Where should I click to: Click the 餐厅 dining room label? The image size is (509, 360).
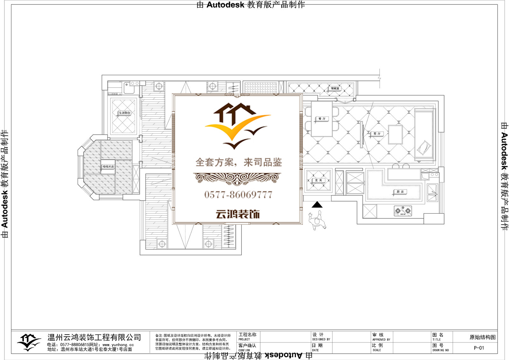point(322,119)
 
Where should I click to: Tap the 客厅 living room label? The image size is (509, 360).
point(377,134)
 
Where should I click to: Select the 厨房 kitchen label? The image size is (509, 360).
point(400,192)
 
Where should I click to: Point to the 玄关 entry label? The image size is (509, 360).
point(318,180)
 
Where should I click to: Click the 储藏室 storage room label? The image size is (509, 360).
point(335,88)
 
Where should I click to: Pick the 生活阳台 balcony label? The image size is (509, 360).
point(124,113)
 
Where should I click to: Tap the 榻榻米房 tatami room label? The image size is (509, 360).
point(108,166)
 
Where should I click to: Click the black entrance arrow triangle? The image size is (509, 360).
point(317,205)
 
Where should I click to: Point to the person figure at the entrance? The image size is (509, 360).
point(317,220)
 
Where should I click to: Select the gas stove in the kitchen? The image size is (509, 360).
point(403,211)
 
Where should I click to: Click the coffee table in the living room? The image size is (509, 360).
point(395,135)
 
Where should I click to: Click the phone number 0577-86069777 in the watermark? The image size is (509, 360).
point(238,194)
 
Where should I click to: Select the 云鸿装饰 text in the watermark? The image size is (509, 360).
point(238,214)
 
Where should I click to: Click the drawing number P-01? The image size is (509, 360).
point(479,348)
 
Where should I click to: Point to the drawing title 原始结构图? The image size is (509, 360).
point(482,337)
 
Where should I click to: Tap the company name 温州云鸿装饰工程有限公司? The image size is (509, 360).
point(94,337)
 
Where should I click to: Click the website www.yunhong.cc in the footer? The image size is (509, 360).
point(118,345)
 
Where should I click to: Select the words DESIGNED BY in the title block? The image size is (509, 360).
point(321,340)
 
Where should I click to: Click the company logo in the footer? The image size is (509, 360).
point(29,342)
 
